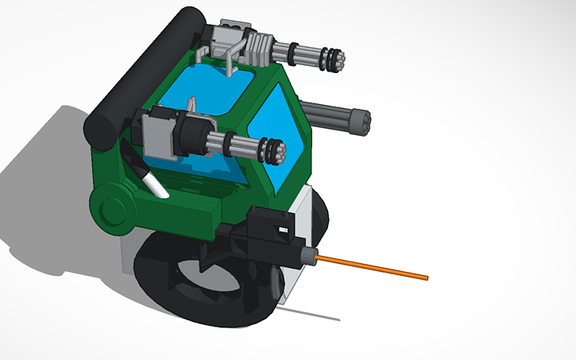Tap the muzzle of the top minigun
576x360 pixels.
point(338,58)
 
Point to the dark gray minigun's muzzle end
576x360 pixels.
point(365,122)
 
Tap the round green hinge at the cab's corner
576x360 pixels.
point(111,208)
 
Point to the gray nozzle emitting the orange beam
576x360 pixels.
point(307,254)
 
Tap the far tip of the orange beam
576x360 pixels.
point(427,278)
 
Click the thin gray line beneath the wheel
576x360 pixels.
point(310,313)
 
